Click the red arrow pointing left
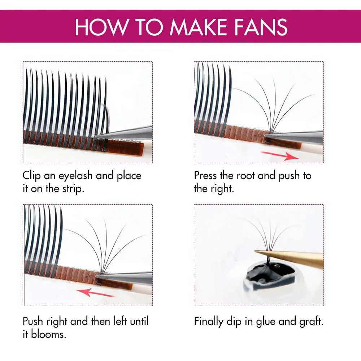pos(96,292)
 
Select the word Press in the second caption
pos(206,176)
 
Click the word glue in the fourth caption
pos(267,322)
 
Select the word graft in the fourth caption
pos(311,322)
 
